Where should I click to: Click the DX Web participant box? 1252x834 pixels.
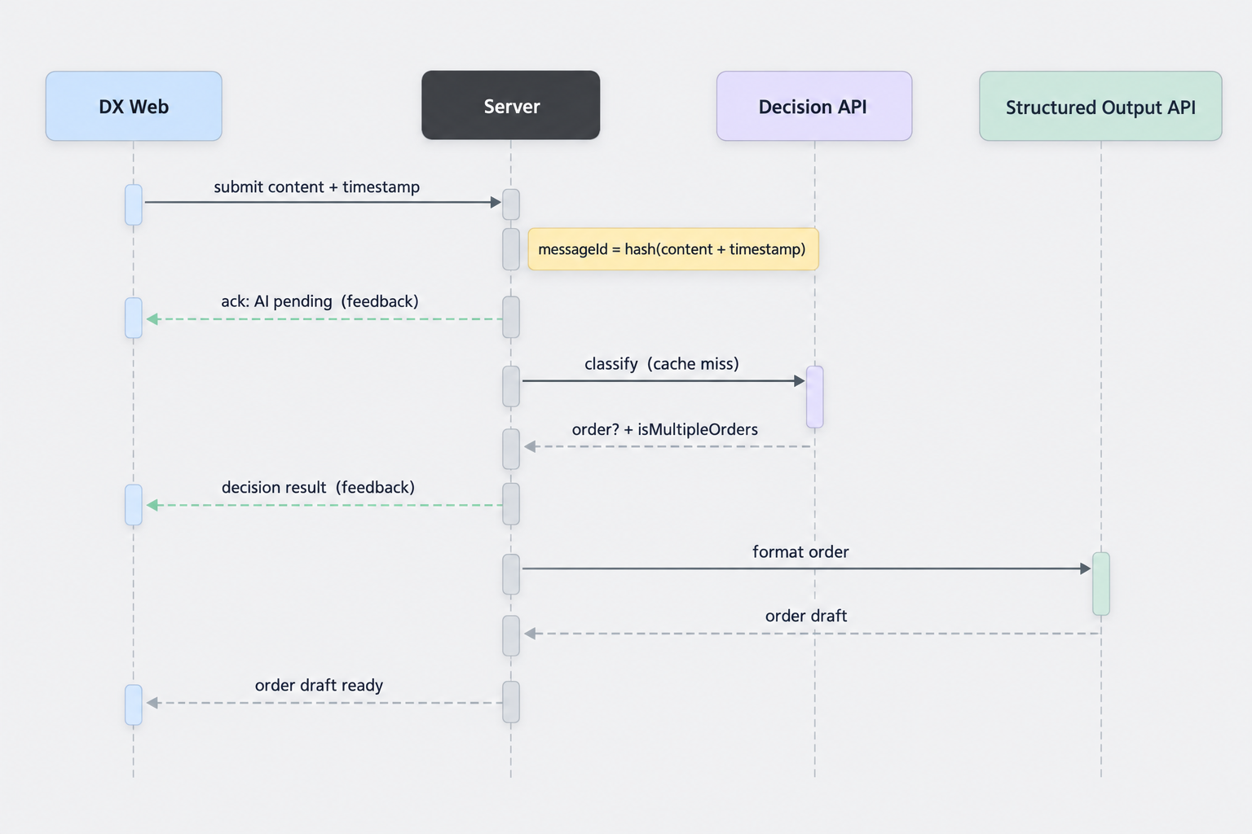click(134, 106)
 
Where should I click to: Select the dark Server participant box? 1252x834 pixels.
click(511, 105)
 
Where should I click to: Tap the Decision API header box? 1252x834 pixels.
click(814, 106)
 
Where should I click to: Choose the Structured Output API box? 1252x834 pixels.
click(1100, 106)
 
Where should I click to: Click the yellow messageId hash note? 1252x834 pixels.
click(673, 249)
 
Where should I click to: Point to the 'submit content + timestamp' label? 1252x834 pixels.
click(316, 187)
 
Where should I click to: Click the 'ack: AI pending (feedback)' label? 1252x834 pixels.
click(320, 301)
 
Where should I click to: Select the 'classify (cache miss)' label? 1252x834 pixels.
click(662, 364)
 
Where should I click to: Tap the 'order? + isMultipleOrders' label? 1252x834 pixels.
click(664, 429)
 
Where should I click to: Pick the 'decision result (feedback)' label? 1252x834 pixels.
click(318, 488)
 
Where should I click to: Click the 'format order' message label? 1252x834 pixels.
click(800, 552)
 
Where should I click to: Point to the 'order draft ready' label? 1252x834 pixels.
click(319, 686)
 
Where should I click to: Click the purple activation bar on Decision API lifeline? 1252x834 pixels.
click(815, 397)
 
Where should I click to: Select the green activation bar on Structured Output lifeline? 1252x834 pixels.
click(1101, 584)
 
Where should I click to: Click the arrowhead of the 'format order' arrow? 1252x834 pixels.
click(1086, 568)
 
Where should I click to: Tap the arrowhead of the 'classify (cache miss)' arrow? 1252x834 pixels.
click(800, 381)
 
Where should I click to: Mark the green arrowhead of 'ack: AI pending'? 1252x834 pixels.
click(152, 319)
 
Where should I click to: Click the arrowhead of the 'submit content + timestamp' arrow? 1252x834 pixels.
click(496, 202)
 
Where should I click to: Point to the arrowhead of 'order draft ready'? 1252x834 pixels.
click(152, 703)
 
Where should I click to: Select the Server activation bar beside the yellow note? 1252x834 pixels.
click(511, 249)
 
